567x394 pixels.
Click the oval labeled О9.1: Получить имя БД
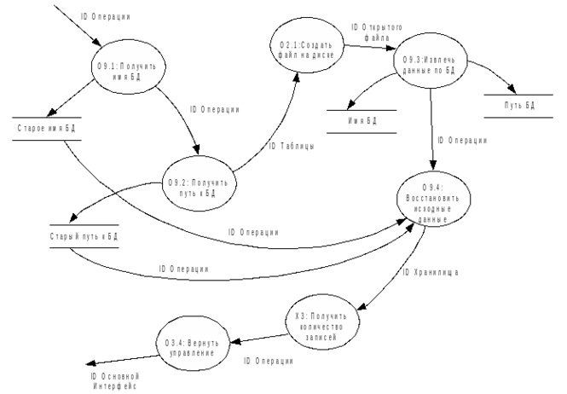click(x=128, y=67)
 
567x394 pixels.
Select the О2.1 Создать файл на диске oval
click(x=308, y=45)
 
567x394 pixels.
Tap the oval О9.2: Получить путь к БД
click(x=199, y=183)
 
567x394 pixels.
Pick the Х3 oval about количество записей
click(x=321, y=322)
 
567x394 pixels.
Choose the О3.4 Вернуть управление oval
click(x=193, y=344)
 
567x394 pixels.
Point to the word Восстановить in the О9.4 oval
click(x=433, y=198)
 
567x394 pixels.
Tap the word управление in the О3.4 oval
click(x=193, y=352)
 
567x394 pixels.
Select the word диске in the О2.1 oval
click(x=327, y=54)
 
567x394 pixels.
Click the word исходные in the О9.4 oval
click(x=433, y=208)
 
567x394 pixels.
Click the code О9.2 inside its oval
click(x=177, y=183)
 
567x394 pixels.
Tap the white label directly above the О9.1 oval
click(x=106, y=16)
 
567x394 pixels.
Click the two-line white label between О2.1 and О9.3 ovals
click(x=377, y=32)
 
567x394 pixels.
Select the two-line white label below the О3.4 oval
click(x=115, y=380)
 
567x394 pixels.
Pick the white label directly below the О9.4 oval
click(x=431, y=272)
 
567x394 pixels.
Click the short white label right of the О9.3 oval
click(x=519, y=106)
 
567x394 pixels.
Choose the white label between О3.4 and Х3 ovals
click(x=269, y=361)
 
